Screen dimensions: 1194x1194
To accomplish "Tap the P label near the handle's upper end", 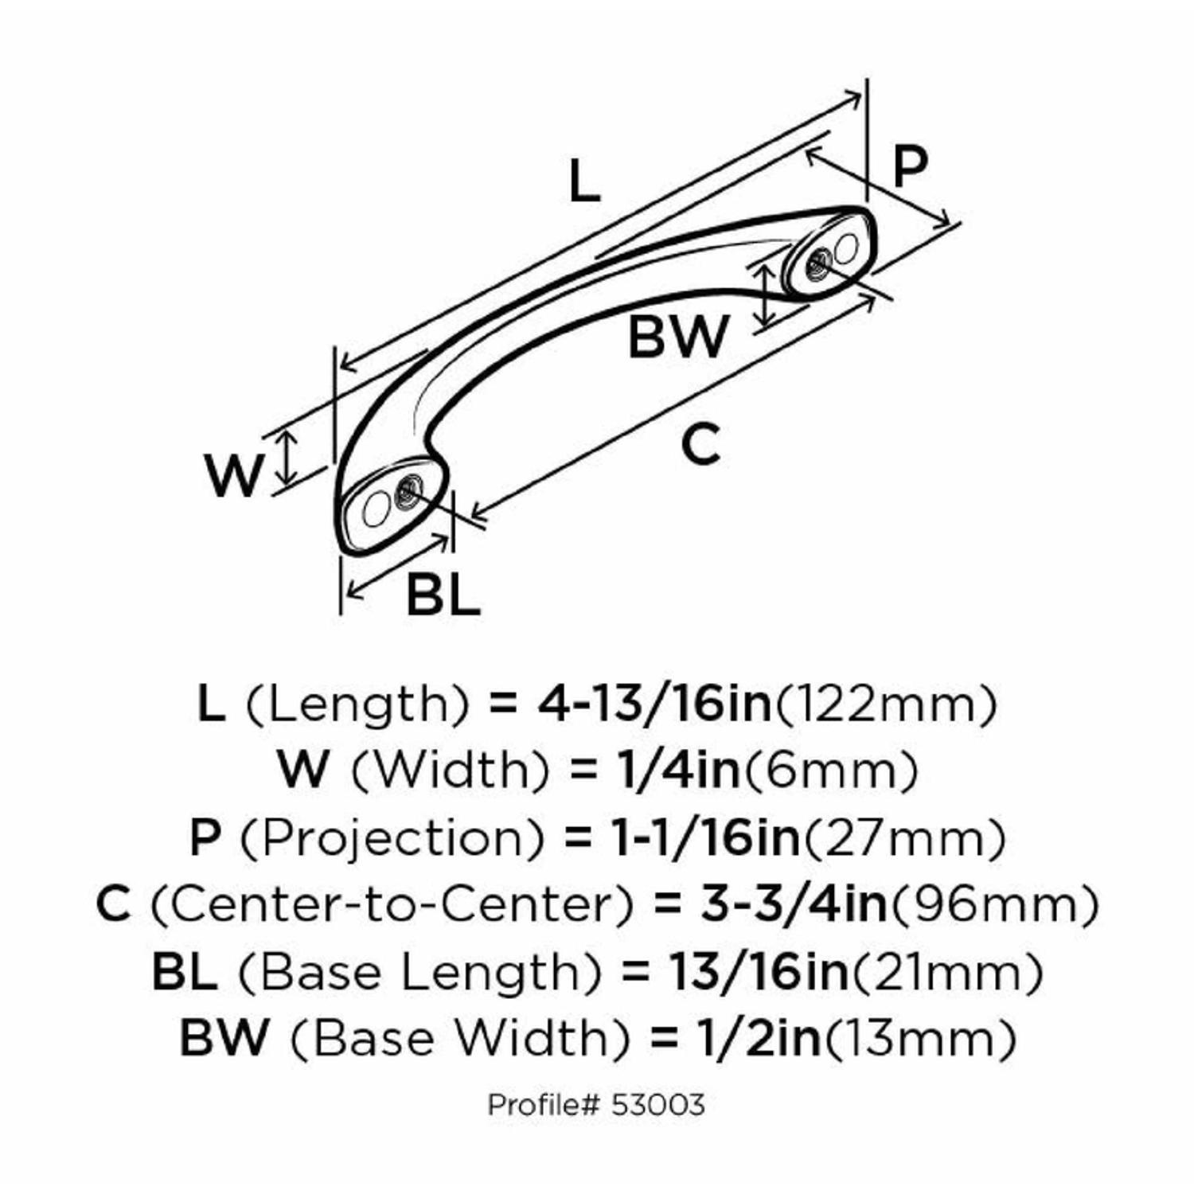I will (x=910, y=166).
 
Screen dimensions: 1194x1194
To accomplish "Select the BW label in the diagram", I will (x=677, y=337).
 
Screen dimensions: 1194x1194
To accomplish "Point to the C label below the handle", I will (x=700, y=445).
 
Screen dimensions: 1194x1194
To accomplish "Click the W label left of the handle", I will (x=232, y=475).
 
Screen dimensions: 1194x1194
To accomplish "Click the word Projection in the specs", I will (x=392, y=837).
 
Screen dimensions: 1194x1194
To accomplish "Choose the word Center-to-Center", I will (x=392, y=904).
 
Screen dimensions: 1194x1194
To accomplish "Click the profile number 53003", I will (x=658, y=1105).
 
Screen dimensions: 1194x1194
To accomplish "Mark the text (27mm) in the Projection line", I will (x=903, y=837).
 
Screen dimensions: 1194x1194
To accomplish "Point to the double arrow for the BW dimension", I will (x=766, y=295).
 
